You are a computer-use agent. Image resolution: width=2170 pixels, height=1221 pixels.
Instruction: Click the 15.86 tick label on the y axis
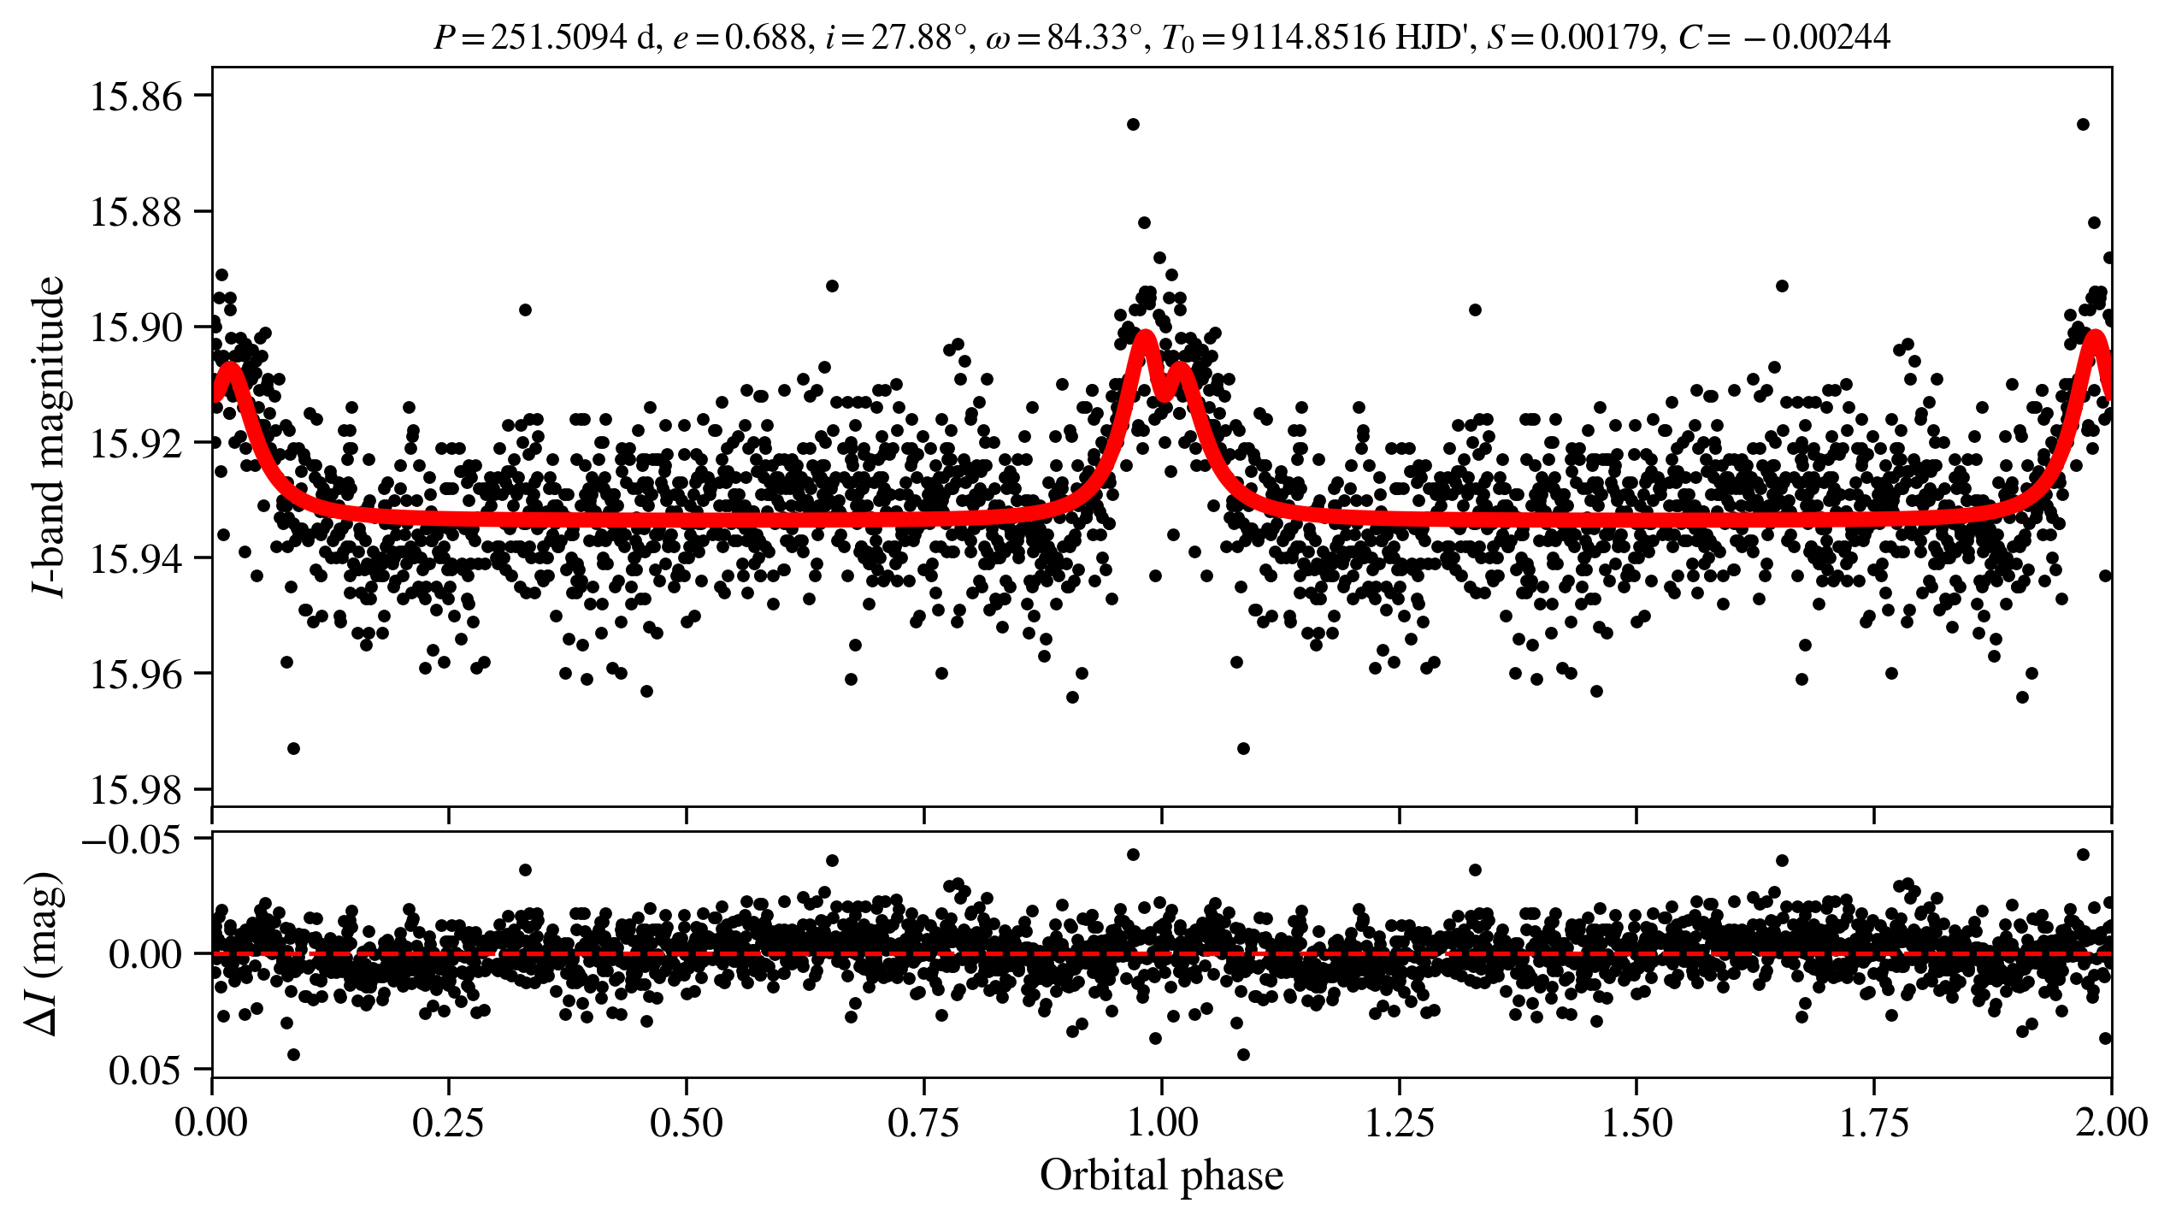click(x=137, y=97)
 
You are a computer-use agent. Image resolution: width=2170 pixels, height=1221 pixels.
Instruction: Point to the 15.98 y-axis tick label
click(x=137, y=790)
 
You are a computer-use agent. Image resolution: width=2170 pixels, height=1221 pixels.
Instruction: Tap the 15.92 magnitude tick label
click(x=137, y=444)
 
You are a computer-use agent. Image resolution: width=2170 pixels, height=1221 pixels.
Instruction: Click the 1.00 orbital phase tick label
click(x=1161, y=1123)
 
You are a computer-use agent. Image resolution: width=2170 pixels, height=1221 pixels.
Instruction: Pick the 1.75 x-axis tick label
click(x=1873, y=1123)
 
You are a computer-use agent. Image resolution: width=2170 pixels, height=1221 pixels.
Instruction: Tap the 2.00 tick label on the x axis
click(x=2110, y=1123)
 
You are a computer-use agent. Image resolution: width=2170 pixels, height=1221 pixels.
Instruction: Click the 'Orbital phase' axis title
click(x=1161, y=1176)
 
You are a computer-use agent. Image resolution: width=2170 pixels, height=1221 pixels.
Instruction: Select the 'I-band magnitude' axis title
click(x=49, y=436)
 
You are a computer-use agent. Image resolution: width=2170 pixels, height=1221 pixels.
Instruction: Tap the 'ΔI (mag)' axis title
click(x=44, y=954)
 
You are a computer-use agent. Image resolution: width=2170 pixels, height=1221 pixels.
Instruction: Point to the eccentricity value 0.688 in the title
click(x=764, y=38)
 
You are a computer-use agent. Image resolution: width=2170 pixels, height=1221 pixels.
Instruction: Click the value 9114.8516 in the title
click(x=1309, y=38)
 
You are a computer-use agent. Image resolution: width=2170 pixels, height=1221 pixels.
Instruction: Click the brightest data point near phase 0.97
click(x=1133, y=124)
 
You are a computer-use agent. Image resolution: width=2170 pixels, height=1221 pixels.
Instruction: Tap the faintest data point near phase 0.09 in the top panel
click(x=293, y=748)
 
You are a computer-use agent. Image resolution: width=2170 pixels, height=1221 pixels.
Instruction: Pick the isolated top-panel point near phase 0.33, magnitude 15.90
click(x=525, y=310)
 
